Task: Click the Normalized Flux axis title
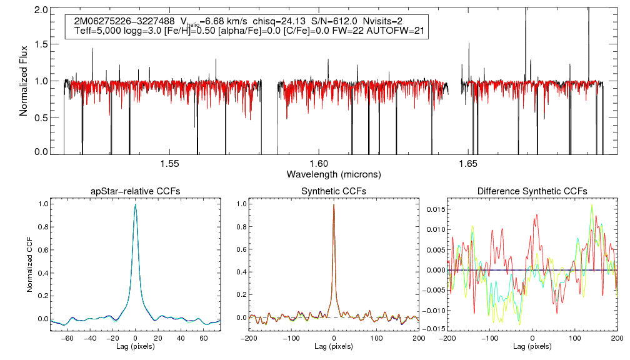coord(24,81)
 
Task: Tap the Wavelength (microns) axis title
coord(334,173)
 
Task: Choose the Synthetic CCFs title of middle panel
coord(334,191)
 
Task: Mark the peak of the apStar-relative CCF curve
coord(136,204)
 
